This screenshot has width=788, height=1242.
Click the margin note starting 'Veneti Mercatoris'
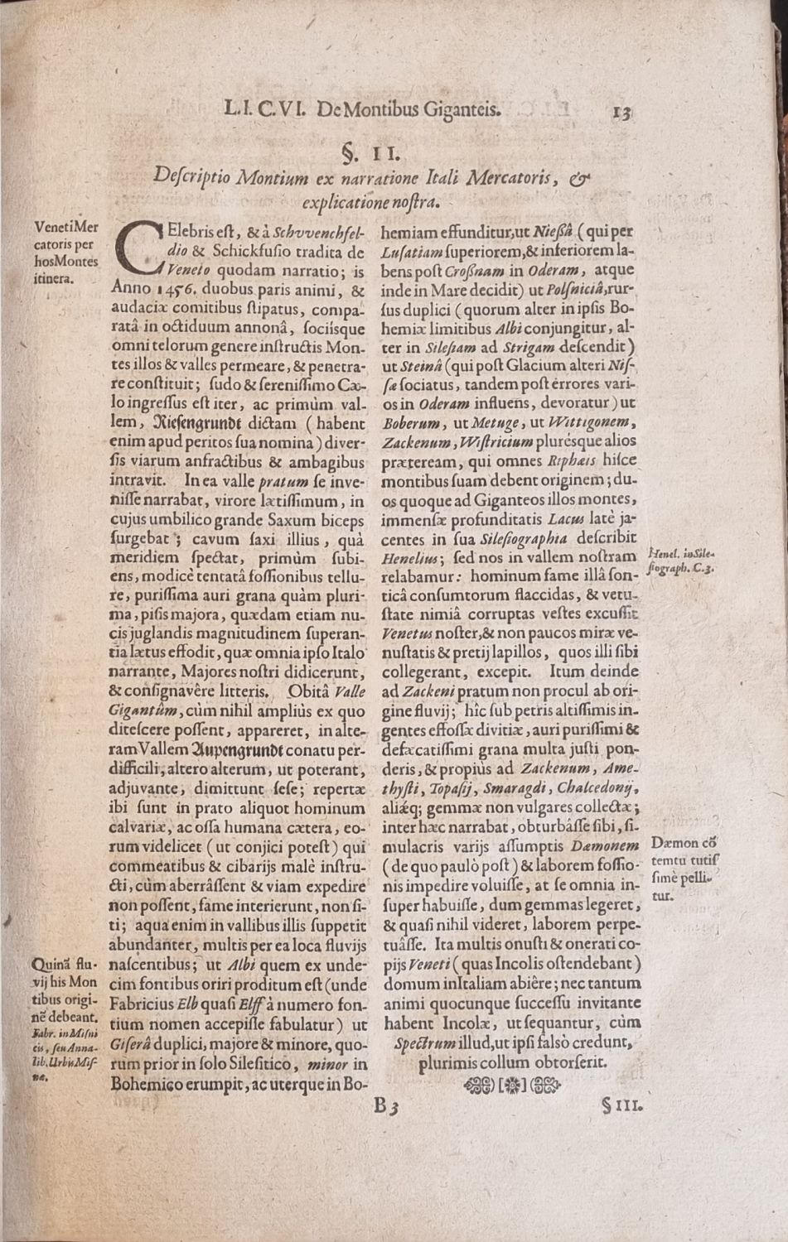coord(66,252)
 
